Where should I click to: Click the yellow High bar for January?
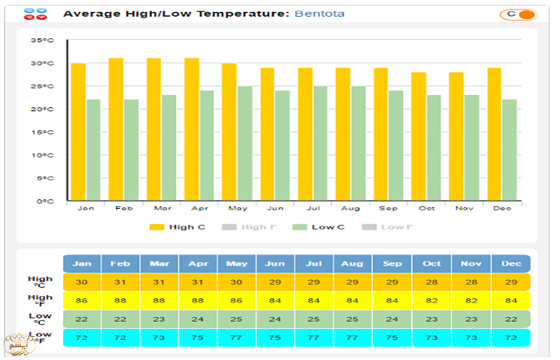point(78,132)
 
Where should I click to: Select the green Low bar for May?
point(245,143)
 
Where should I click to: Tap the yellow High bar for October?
point(418,136)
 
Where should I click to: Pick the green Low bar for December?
point(510,150)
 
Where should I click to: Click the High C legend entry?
point(179,227)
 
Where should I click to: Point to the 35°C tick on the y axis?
point(42,40)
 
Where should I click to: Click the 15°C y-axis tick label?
point(42,132)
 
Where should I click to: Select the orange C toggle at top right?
point(517,14)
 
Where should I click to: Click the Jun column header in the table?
point(276,263)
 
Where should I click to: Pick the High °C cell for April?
point(198,282)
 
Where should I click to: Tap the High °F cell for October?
point(431,301)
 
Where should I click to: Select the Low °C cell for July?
point(314,319)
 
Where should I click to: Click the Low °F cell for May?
point(237,338)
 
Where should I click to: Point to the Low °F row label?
point(41,338)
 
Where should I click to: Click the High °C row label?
point(41,282)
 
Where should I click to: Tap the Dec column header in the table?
point(510,263)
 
